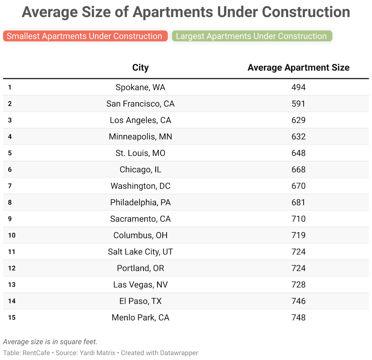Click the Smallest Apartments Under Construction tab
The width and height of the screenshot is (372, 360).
coord(85,36)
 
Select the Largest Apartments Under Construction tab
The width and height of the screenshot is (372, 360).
coord(252,36)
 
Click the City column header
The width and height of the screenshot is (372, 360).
coord(140,68)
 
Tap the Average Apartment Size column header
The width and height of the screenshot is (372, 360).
coord(298,68)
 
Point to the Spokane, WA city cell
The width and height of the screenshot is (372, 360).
coord(140,88)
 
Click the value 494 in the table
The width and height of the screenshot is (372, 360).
coord(298,88)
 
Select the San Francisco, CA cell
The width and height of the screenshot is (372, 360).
coord(140,104)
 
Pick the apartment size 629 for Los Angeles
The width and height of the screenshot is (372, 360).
coord(298,120)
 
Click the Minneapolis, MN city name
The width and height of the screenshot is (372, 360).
coord(140,137)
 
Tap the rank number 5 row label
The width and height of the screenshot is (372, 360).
coord(10,153)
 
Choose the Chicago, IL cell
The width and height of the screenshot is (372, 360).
coord(140,170)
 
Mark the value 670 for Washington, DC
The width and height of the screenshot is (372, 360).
coord(298,186)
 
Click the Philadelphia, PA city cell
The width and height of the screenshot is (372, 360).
coord(140,203)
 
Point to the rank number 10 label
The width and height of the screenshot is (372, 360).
coord(12,235)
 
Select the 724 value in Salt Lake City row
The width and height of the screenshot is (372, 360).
coord(298,252)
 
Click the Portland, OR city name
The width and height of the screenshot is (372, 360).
coord(140,268)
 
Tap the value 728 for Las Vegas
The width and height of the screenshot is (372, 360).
coord(298,285)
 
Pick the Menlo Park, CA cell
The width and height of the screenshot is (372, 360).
coord(140,318)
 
